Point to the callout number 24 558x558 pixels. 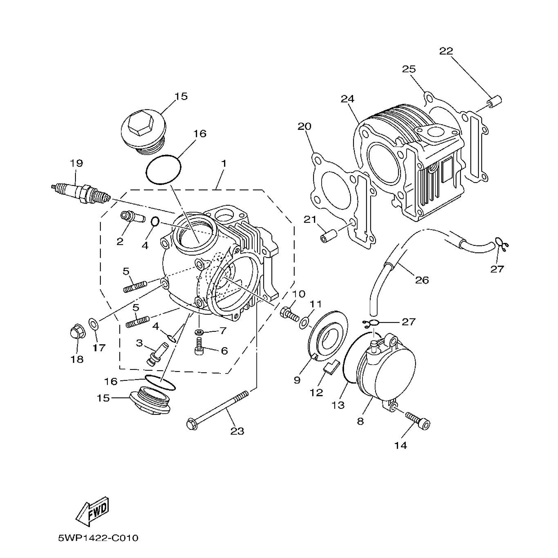pyautogui.click(x=347, y=99)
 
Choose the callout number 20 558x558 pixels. pyautogui.click(x=305, y=126)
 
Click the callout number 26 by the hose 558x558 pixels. pyautogui.click(x=422, y=280)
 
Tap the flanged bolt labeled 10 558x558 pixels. pyautogui.click(x=290, y=314)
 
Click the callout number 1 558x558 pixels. pyautogui.click(x=224, y=163)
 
